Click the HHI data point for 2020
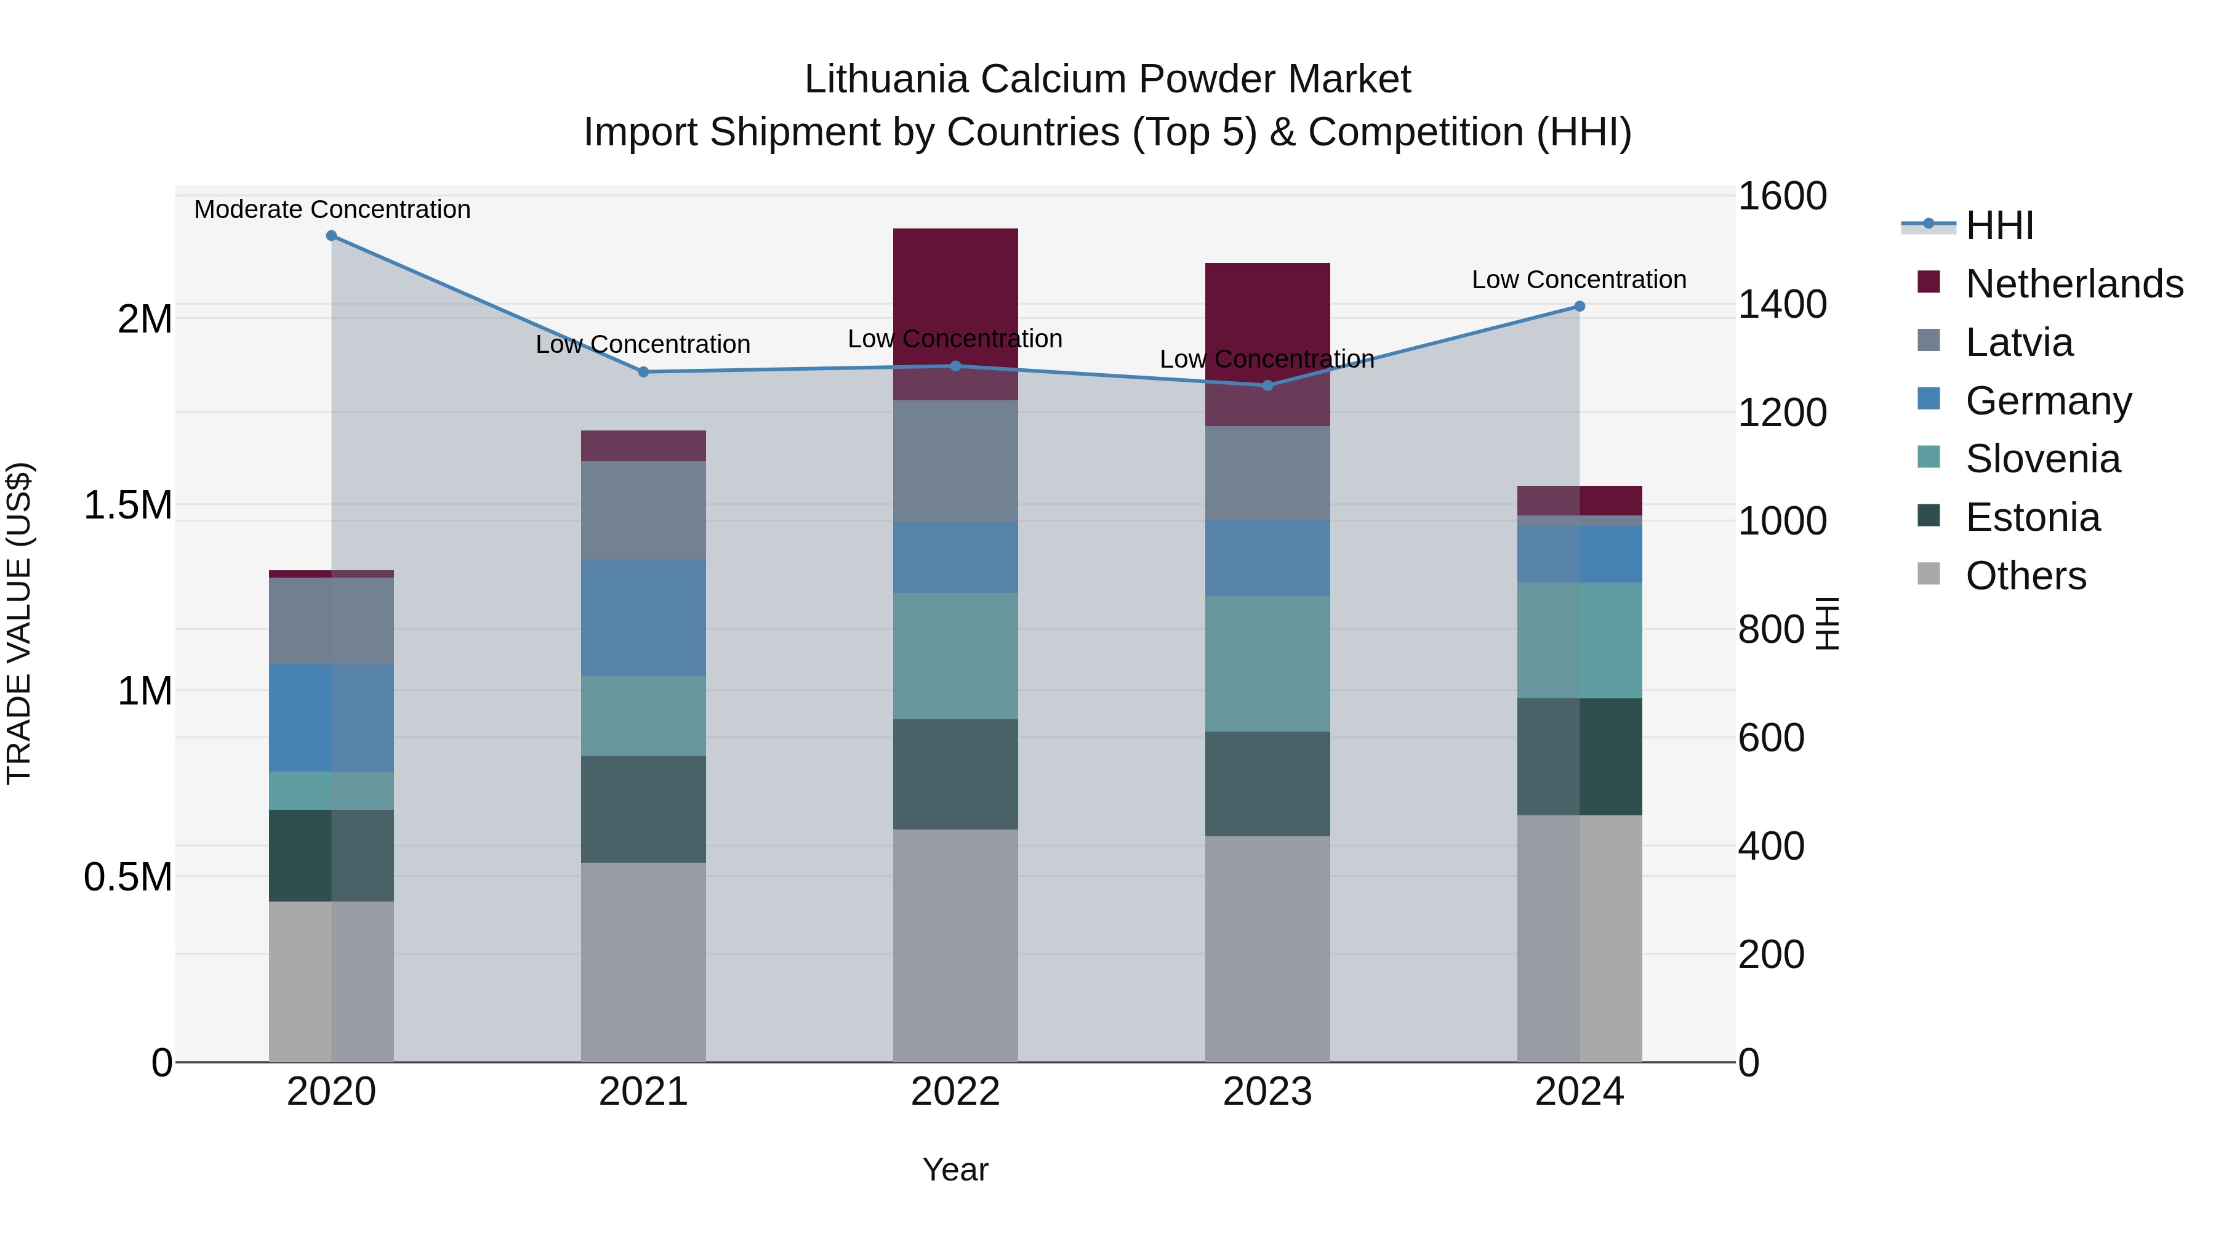click(331, 235)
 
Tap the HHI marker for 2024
click(1580, 307)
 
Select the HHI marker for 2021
click(643, 372)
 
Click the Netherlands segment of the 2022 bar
click(955, 293)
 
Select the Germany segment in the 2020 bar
click(331, 718)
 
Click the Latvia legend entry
click(2019, 342)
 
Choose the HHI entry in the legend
click(1999, 225)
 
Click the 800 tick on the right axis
click(1770, 629)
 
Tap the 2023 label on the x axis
click(1267, 1092)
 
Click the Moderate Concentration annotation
click(332, 209)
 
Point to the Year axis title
click(955, 1169)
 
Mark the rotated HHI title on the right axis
click(1827, 623)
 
